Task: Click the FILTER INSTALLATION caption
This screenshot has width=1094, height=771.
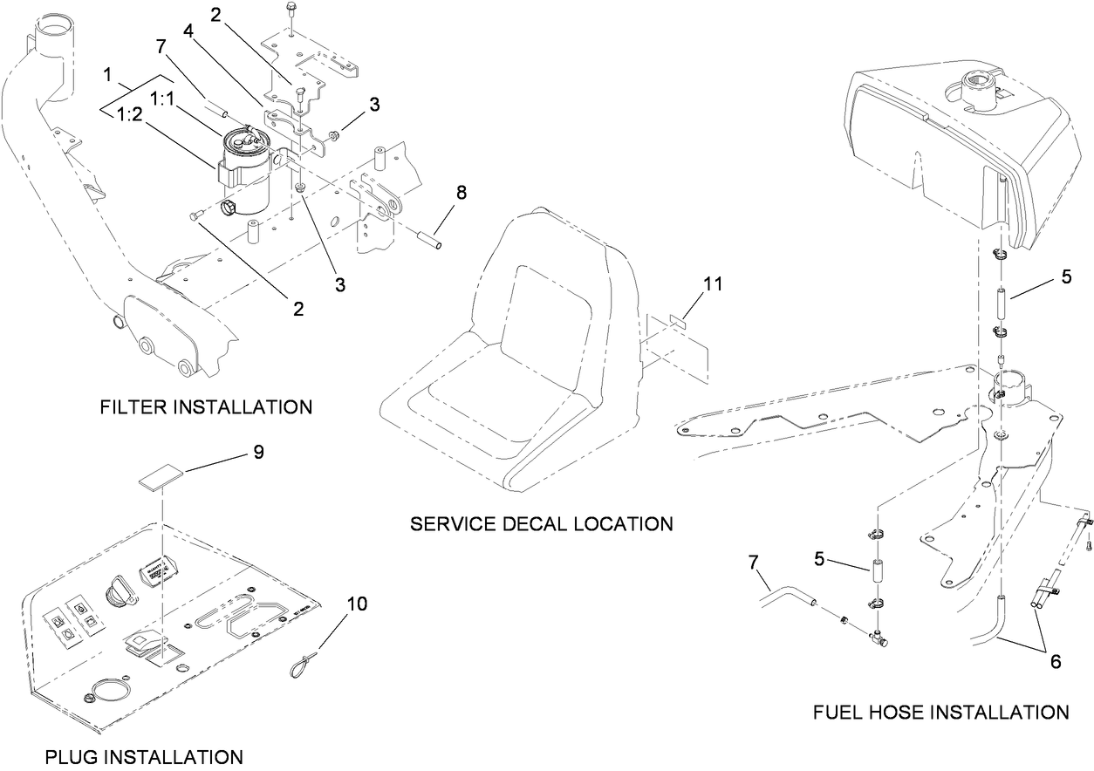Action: [206, 407]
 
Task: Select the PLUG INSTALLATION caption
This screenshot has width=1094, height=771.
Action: [143, 756]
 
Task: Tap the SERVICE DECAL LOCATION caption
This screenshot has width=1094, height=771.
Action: [541, 524]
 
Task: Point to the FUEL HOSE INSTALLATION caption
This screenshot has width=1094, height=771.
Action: [940, 713]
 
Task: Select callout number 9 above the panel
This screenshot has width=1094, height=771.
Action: [258, 452]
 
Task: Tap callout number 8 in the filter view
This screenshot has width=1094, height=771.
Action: [461, 193]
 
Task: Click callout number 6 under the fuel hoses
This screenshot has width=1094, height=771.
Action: [1055, 662]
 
